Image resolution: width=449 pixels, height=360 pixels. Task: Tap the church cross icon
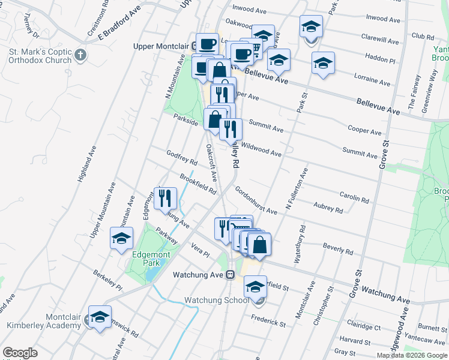(81, 56)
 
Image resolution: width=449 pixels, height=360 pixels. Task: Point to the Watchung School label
(215, 300)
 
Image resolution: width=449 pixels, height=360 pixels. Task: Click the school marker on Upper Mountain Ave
(122, 239)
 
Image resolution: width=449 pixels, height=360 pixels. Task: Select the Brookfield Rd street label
(197, 183)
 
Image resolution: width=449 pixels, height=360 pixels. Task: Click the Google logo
(20, 353)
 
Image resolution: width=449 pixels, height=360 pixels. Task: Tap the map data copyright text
(412, 355)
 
